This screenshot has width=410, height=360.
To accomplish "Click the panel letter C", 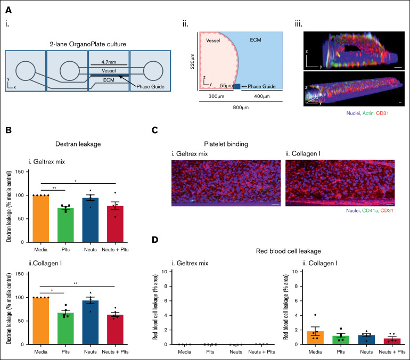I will [154, 129].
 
